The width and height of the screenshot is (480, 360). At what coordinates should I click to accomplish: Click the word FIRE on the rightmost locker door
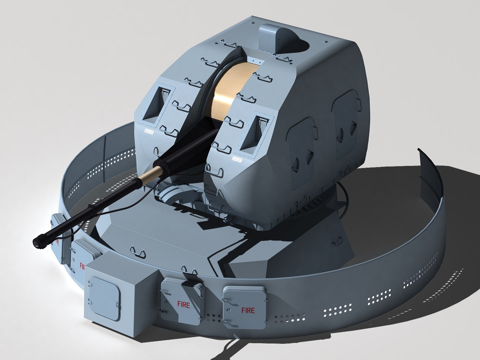coord(248,311)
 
